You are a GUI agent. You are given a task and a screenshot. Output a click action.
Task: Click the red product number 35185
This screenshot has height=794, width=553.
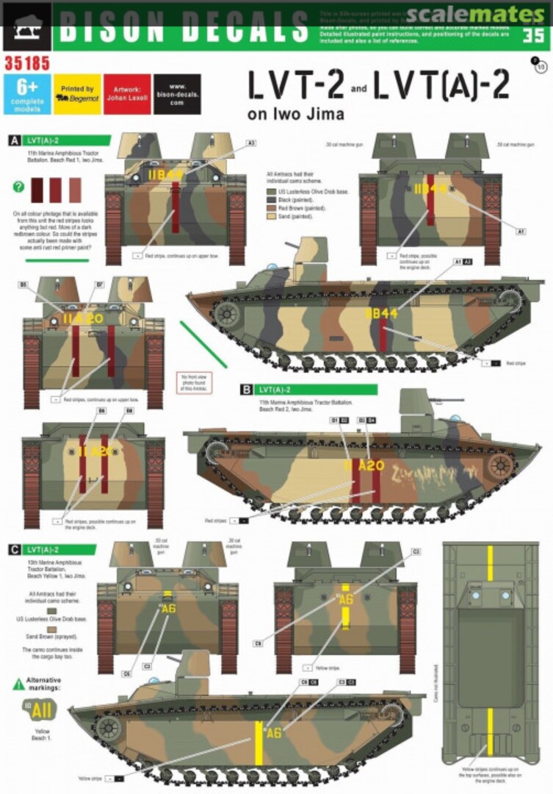point(26,65)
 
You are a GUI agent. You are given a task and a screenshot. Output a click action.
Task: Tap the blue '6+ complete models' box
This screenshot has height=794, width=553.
point(26,95)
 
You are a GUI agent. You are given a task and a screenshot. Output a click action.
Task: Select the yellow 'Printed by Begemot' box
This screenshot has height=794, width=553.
point(77,95)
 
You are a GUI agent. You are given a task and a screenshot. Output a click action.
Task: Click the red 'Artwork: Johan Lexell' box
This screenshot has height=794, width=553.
point(127,95)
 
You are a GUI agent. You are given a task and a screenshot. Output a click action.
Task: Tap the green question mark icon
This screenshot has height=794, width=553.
point(18,187)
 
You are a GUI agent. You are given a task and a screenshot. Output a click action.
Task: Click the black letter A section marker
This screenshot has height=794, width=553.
point(13,139)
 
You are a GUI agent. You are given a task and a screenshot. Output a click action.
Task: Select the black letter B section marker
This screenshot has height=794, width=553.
point(247,390)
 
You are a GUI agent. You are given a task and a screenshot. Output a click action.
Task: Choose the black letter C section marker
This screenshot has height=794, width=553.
point(13,549)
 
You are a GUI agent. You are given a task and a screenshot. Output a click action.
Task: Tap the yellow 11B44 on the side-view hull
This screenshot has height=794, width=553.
point(382,312)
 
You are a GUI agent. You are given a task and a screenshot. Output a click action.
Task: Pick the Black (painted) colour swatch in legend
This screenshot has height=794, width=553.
point(272,199)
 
